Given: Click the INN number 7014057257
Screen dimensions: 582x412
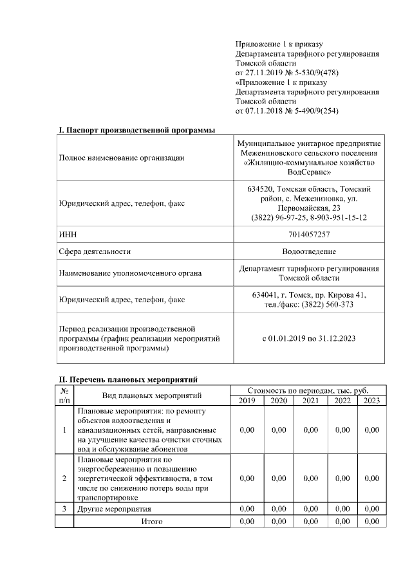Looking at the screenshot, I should click(309, 234).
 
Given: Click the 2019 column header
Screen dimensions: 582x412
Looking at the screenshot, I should click(247, 401).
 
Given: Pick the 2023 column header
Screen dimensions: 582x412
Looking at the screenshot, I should click(371, 401).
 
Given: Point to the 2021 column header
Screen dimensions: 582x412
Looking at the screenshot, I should click(310, 401).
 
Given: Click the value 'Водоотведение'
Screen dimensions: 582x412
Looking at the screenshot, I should click(309, 251).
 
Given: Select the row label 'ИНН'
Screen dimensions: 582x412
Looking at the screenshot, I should click(68, 234).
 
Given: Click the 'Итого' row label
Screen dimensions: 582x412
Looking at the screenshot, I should click(152, 521).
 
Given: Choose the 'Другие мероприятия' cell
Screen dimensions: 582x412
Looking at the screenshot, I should click(109, 509).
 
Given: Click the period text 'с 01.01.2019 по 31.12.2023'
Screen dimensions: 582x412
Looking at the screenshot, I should click(309, 338).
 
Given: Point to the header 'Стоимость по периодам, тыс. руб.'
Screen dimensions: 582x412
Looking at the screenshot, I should click(308, 390).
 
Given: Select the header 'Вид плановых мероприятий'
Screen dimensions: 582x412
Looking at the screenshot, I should click(152, 395).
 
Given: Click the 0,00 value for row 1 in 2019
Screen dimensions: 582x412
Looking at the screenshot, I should click(247, 430).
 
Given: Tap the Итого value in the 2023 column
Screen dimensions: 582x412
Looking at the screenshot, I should click(371, 521).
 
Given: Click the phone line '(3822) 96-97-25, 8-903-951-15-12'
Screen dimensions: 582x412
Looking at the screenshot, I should click(309, 218).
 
